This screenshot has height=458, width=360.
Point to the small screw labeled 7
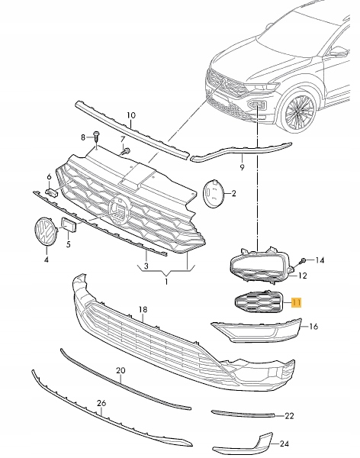click(x=127, y=150)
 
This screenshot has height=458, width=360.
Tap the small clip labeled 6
click(x=53, y=192)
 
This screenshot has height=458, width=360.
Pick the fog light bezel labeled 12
click(x=260, y=267)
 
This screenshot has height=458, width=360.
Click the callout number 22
click(x=289, y=416)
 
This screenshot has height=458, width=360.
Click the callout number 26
click(x=101, y=404)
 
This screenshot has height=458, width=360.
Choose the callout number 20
click(x=120, y=370)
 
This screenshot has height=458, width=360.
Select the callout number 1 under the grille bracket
click(x=165, y=282)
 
